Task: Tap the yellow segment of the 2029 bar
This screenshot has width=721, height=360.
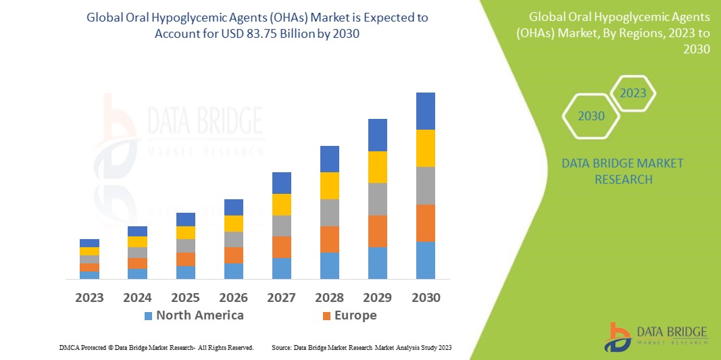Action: pos(377,167)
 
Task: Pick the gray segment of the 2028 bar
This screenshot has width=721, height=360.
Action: pos(329,212)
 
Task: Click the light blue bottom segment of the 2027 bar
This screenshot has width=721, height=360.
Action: pos(281,268)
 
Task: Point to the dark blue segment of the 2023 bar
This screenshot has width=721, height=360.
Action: pos(89,243)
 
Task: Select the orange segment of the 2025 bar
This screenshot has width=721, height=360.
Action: pos(185,259)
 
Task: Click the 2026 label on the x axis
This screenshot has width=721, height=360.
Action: pos(233,297)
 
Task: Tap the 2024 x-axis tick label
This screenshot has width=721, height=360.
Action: pos(138,297)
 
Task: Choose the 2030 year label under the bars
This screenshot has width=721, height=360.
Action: pos(426,297)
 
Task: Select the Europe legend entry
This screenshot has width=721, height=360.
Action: pos(349,315)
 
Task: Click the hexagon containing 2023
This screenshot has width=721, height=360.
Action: pos(633,93)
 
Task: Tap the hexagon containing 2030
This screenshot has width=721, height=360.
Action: pos(591,116)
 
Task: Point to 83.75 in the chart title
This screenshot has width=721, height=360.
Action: pos(268,34)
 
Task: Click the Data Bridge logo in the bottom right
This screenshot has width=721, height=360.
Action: pos(655,336)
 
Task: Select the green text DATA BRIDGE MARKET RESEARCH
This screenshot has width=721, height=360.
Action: pos(622,172)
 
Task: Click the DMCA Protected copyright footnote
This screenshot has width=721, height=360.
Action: pos(156,347)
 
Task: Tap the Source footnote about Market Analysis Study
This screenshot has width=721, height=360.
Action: pos(362,347)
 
